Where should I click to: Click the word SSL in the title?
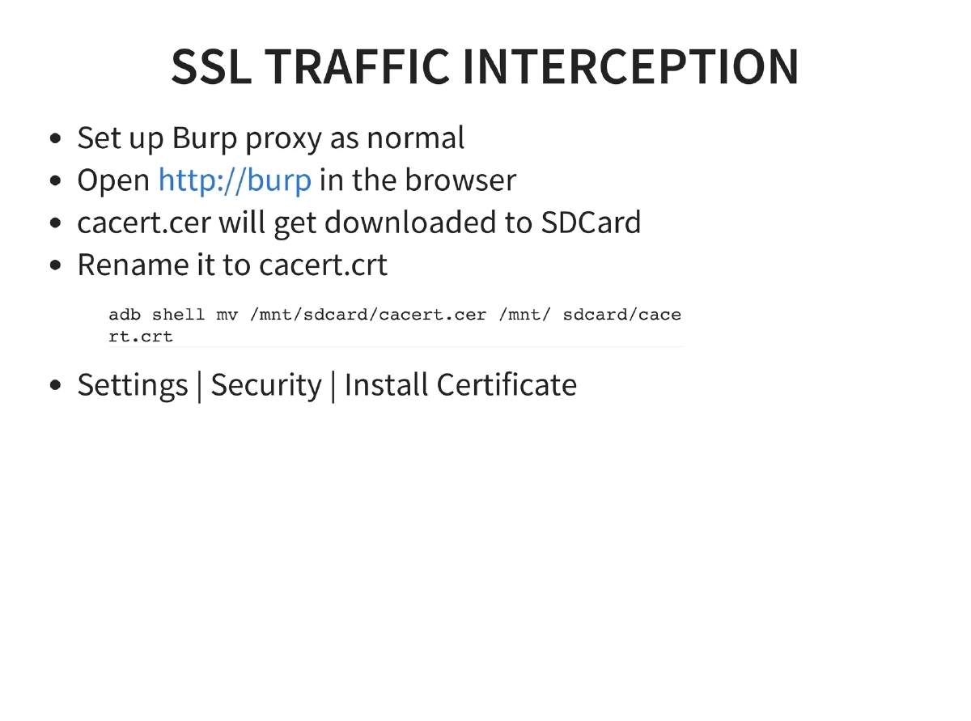(210, 66)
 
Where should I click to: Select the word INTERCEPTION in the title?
(631, 66)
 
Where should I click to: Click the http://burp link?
(235, 180)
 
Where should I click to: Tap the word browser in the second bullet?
(460, 180)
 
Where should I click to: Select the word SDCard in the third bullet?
(591, 222)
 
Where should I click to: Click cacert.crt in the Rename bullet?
(324, 265)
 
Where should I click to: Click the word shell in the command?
(178, 314)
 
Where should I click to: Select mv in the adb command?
(227, 314)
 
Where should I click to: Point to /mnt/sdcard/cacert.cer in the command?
(368, 314)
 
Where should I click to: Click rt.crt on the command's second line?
(141, 336)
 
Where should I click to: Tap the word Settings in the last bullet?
(133, 385)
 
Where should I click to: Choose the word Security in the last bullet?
(266, 385)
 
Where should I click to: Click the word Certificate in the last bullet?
(507, 384)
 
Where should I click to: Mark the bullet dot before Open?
(56, 180)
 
